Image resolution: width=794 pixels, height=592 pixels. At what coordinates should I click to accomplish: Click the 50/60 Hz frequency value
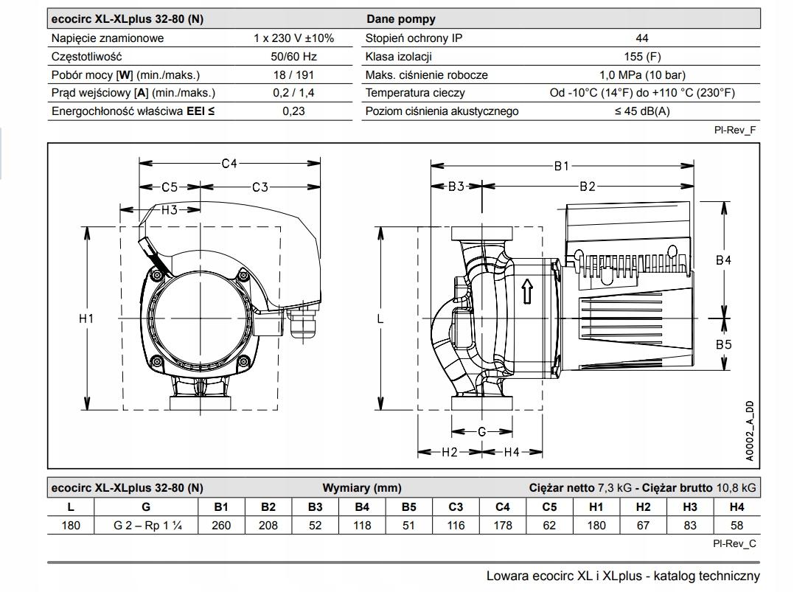[293, 56]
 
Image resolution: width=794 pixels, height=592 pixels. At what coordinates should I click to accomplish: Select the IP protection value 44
[642, 38]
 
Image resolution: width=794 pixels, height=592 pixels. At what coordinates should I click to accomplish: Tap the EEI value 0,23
[293, 111]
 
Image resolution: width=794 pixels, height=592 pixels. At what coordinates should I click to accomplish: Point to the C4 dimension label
[229, 163]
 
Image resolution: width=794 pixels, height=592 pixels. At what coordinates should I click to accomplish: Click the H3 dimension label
[170, 209]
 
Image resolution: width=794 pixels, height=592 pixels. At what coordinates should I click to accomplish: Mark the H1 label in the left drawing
[86, 318]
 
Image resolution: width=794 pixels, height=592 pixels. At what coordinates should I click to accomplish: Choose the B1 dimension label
[562, 166]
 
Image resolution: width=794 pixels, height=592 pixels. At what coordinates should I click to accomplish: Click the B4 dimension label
[723, 260]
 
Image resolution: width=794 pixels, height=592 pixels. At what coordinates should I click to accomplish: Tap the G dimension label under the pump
[481, 431]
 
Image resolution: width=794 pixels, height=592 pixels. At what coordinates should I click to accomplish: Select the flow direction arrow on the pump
[527, 291]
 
